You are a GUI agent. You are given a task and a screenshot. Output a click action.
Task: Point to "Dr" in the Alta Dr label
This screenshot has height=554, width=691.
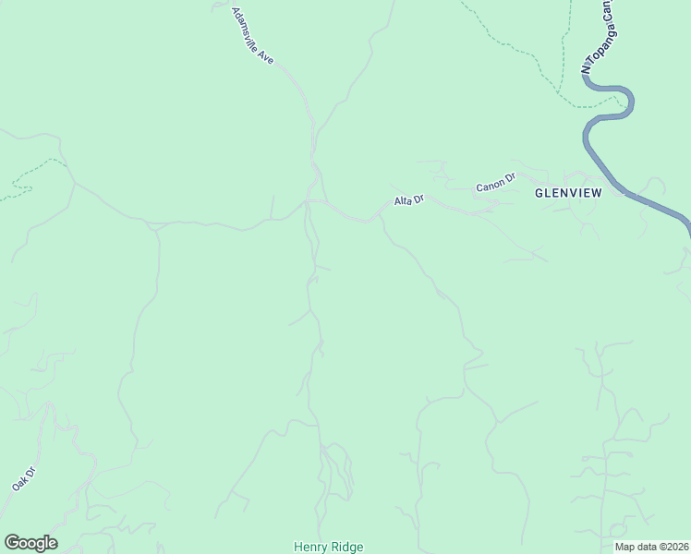pos(418,198)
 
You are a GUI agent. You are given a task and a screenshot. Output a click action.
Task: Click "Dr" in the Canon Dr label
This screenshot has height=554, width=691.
pos(509,178)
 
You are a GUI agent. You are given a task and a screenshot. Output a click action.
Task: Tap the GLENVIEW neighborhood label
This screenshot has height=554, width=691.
pos(568,193)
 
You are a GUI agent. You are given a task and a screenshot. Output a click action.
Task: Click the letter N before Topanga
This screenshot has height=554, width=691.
pos(584,67)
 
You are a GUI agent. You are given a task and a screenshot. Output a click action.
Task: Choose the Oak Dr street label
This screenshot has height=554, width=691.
pos(23,478)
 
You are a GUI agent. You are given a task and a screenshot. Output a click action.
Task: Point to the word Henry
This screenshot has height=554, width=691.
pos(310,547)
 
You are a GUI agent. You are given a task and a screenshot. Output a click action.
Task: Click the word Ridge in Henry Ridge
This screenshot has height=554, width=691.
pos(346,547)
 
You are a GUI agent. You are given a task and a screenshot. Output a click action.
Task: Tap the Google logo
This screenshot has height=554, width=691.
pos(30,543)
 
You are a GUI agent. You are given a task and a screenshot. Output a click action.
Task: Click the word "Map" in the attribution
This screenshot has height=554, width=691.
pos(624,547)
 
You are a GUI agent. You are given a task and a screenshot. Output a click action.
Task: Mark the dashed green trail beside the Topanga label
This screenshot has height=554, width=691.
pos(560,55)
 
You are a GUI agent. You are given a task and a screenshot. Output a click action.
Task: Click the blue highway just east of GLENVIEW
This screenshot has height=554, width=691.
pos(647,203)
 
